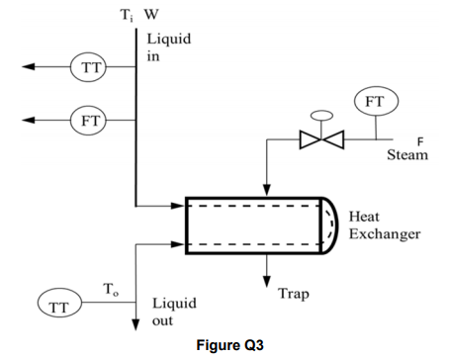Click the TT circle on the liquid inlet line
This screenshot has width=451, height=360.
88,67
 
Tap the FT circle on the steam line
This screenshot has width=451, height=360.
374,102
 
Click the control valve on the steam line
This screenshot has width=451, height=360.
318,136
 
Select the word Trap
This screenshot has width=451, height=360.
295,294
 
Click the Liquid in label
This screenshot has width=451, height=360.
168,47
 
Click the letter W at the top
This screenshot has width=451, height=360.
149,14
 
